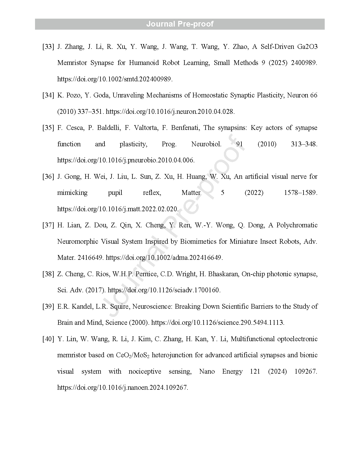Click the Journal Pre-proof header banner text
pos(180,24)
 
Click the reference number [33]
pos(48,47)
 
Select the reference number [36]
pos(48,177)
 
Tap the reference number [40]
pos(48,339)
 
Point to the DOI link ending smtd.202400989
pos(115,79)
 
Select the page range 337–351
pos(90,112)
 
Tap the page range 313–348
pos(304,144)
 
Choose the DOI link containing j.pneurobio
pos(126,160)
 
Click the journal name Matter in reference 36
pos(191,193)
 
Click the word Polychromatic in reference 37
pos(297,225)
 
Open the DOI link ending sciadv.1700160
pos(164,290)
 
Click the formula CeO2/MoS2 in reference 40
pos(132,355)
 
